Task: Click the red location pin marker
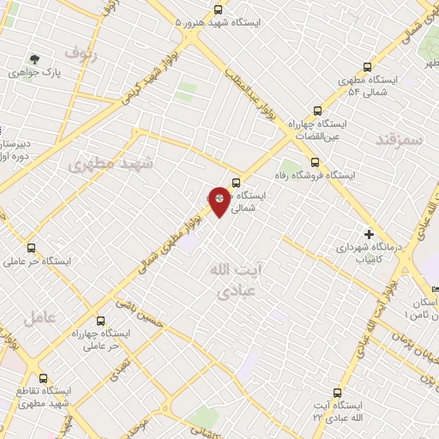(x=220, y=200)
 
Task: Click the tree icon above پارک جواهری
(x=34, y=58)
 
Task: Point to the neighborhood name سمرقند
(x=400, y=139)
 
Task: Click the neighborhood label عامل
(x=40, y=316)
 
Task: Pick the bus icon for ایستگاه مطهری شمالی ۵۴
(x=368, y=67)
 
